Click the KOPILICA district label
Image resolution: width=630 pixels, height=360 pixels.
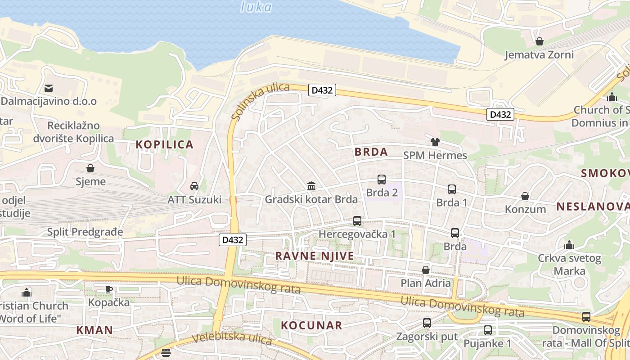pos(165,144)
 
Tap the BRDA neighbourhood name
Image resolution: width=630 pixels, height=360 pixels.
pos(371,152)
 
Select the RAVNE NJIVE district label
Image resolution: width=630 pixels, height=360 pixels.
pos(315,256)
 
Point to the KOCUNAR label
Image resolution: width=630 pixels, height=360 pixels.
pos(311,325)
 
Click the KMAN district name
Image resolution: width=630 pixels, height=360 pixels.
pos(94,330)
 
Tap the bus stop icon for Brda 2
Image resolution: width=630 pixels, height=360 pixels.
pos(382,180)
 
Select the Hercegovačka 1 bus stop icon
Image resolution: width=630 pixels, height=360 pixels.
pos(357,221)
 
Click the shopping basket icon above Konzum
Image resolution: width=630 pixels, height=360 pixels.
pos(525,196)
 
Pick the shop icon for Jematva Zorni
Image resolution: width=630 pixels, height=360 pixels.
pos(540,41)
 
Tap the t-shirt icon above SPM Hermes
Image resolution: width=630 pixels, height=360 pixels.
pos(435,142)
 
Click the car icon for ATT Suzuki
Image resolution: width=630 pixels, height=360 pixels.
pos(194,186)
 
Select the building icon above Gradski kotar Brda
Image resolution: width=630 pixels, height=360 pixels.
pos(311,186)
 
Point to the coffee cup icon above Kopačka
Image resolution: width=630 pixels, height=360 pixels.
pos(108,289)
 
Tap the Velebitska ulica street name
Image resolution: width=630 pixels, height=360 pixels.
pos(232,337)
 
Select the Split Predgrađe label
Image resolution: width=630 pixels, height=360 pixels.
pos(85,232)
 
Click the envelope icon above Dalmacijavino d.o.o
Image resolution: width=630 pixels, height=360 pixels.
pos(49,88)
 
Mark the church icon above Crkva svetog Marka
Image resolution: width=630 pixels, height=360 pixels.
pos(569,245)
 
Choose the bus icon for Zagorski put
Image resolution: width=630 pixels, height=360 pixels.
pos(427,323)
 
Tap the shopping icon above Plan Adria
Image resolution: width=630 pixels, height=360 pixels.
pos(425,270)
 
